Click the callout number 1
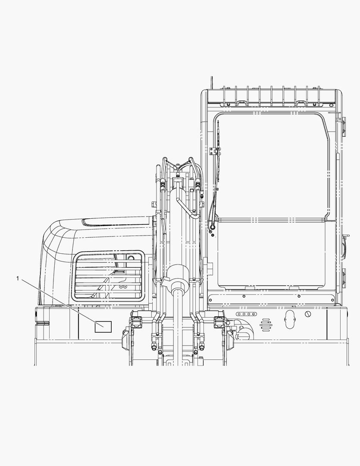(18, 278)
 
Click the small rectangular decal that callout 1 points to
(103, 327)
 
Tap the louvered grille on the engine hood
(108, 275)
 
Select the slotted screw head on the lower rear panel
(307, 314)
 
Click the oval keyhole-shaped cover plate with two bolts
(290, 319)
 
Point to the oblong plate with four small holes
(247, 314)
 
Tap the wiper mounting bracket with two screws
(213, 151)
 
